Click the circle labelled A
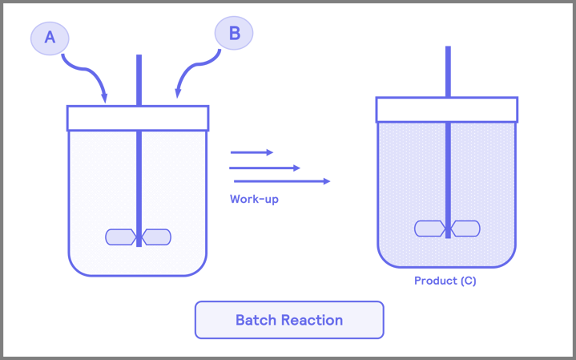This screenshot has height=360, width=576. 50,37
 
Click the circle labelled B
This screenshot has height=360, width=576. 234,33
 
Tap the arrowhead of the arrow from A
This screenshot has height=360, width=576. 105,99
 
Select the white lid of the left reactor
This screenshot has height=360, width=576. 138,118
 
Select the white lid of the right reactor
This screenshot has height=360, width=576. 447,110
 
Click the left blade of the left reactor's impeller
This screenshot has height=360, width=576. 120,237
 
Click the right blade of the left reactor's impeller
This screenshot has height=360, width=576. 157,237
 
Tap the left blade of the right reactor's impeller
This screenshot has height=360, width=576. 429,229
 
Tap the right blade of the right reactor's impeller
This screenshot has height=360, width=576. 465,229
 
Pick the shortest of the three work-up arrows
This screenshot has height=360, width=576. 252,152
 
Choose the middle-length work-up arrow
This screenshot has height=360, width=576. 265,168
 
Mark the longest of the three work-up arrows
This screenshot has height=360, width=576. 280,181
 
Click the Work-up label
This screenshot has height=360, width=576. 254,200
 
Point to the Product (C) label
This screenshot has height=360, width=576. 445,281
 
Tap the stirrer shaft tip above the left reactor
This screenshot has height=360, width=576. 139,58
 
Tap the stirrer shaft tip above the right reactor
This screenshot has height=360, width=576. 448,49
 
